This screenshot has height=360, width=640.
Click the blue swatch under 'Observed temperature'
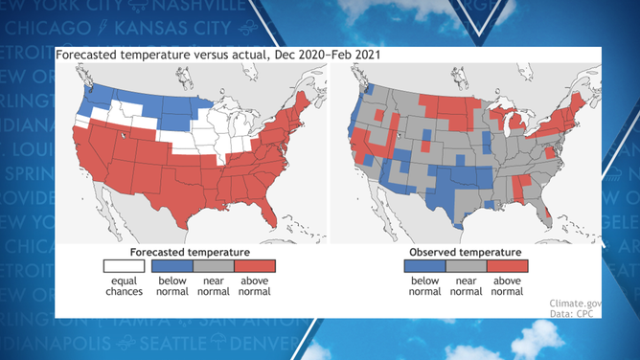click(423, 265)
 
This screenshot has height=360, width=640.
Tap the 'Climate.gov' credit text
click(574, 303)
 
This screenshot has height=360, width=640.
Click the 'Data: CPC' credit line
click(575, 313)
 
